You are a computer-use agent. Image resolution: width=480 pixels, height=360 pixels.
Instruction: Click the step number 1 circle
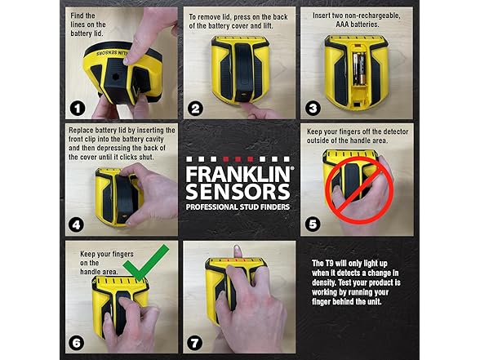[76, 107]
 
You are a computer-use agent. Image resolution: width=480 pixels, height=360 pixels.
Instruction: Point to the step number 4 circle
[76, 224]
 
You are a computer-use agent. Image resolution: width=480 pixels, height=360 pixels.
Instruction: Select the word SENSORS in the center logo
[238, 193]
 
